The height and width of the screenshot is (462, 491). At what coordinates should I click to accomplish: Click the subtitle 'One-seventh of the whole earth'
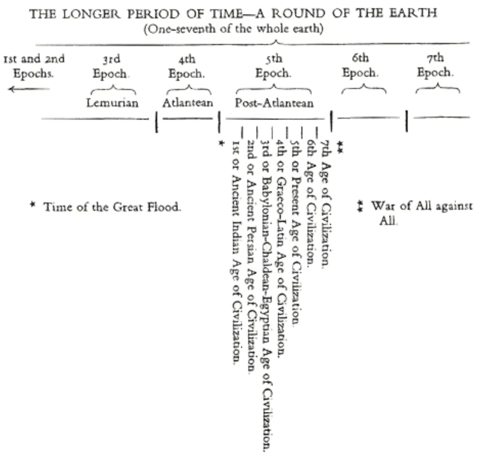tap(234, 30)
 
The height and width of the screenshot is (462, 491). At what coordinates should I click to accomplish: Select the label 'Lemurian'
tap(112, 103)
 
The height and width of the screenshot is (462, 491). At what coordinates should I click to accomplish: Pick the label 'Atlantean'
tap(188, 103)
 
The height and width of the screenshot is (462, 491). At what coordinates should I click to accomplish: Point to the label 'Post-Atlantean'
tap(274, 103)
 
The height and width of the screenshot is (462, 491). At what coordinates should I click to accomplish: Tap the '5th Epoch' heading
tap(273, 66)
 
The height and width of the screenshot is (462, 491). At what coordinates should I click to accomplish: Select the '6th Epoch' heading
tap(360, 65)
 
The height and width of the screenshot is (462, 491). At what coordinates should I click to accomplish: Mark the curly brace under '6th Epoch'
tap(364, 89)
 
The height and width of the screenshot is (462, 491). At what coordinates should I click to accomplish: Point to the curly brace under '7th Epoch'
tap(438, 89)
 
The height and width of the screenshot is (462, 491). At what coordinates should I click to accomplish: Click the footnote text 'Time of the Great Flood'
tap(112, 207)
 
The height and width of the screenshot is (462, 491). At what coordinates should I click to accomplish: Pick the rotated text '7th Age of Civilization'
tap(326, 203)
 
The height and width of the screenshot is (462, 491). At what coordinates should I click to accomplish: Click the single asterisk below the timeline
tap(220, 143)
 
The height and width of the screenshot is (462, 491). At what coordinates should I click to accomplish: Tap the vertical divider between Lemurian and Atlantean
tap(156, 122)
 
